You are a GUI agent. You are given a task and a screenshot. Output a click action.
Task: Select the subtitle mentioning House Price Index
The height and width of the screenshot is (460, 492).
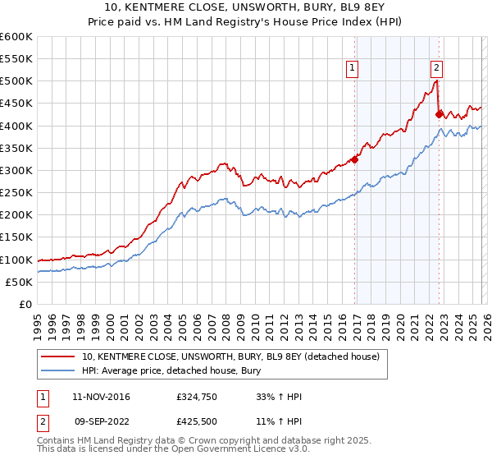coord(246,22)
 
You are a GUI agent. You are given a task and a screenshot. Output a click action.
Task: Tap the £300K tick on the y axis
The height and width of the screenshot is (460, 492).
coord(16,170)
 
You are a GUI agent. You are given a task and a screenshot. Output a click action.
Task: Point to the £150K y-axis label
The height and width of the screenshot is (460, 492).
coord(16,237)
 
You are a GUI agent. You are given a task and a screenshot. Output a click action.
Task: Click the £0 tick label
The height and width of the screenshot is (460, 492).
coord(25,304)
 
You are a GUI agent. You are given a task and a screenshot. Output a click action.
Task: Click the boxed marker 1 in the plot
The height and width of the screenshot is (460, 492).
coord(353,68)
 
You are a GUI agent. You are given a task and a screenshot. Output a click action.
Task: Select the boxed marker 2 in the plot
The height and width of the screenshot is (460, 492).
coord(436,68)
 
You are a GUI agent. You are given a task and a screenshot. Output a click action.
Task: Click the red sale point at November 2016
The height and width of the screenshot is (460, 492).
coord(355,159)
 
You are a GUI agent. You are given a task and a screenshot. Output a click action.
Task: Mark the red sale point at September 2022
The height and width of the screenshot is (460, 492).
coord(440,114)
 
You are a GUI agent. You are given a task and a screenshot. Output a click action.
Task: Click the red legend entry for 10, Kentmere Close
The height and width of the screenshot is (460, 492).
coord(230,357)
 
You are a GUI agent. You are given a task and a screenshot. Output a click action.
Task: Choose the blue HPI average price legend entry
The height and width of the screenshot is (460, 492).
coord(171,371)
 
